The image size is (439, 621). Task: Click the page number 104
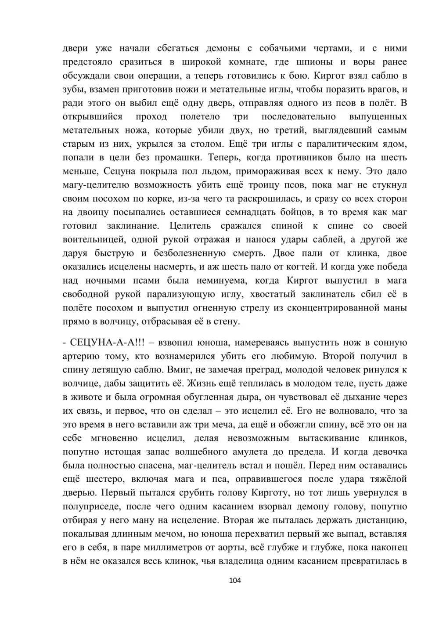[235, 581]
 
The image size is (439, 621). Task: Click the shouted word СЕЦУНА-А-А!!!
[101, 343]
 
